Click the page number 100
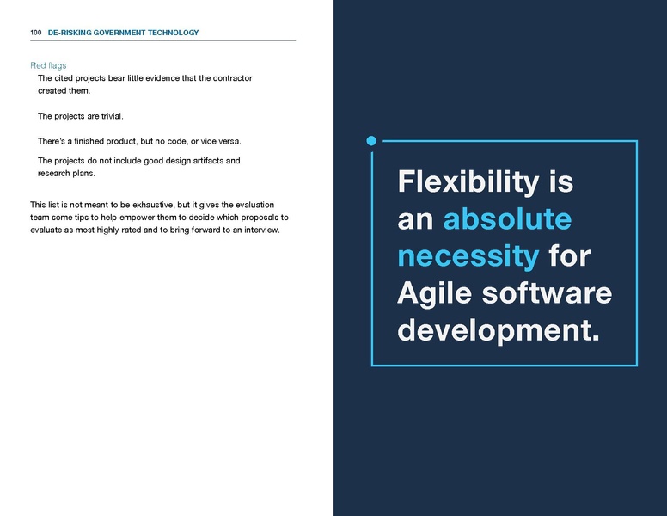click(x=35, y=33)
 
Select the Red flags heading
click(x=48, y=65)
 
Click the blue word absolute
click(x=507, y=218)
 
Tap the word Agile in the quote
click(x=433, y=293)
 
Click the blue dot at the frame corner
click(x=371, y=140)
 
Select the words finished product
click(x=103, y=140)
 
